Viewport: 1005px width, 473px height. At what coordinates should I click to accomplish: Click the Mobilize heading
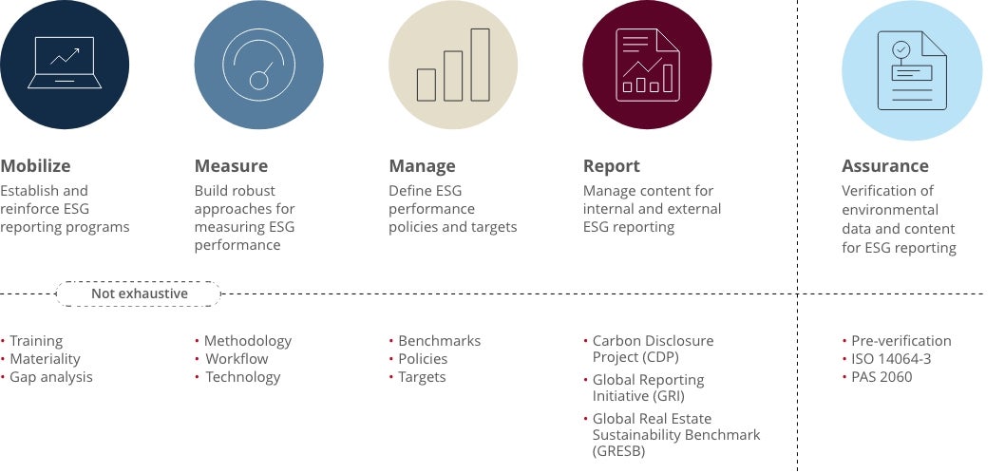click(35, 166)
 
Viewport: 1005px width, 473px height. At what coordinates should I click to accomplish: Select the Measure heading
click(231, 166)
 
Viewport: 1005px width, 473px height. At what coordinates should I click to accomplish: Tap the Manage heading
click(422, 166)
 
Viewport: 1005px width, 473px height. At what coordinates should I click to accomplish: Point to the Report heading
click(612, 166)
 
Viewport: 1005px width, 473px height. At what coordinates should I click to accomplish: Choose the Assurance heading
click(885, 166)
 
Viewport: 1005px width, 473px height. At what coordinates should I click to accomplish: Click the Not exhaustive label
click(139, 293)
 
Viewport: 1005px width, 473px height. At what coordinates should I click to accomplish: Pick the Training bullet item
click(36, 340)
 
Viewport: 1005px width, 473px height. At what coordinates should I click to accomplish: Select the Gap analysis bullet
click(51, 377)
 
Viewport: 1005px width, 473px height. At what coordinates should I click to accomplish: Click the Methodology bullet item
click(248, 340)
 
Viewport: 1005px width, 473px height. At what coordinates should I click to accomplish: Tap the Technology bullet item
click(243, 377)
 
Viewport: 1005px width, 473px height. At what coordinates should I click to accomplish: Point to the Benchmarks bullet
click(439, 340)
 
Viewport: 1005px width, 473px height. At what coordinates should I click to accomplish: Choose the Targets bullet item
click(422, 377)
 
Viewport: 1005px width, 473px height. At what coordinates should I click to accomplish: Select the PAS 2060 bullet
click(882, 377)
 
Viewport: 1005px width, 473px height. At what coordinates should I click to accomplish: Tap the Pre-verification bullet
click(901, 340)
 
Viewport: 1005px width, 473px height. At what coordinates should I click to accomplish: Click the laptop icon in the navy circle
click(65, 63)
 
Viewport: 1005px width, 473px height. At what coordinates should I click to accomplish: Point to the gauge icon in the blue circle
click(258, 65)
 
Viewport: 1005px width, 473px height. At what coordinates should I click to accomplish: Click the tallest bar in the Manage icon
click(480, 64)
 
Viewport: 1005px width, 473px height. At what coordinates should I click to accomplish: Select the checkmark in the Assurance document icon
click(901, 48)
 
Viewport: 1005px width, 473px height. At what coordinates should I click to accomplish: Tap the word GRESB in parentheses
click(618, 452)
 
